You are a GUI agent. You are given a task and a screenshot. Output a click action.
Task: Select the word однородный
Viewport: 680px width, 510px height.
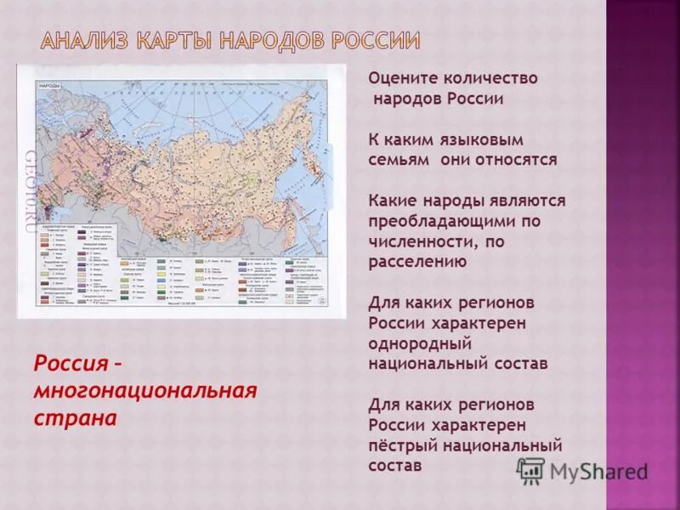(x=420, y=343)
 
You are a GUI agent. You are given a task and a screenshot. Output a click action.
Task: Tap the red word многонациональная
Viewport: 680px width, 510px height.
(x=145, y=391)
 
